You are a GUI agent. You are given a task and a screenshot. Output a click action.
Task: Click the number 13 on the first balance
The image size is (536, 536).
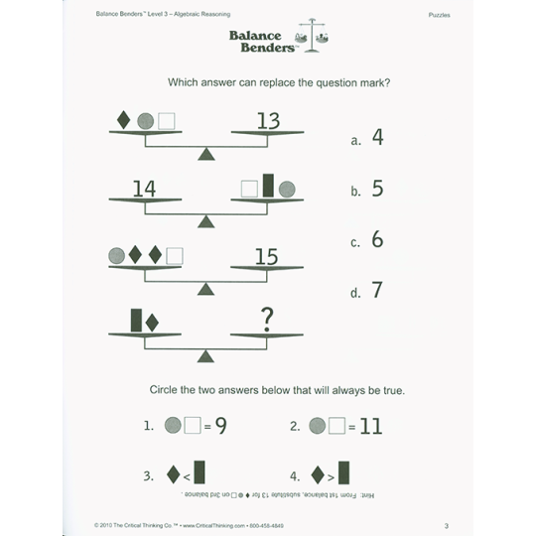point(268,121)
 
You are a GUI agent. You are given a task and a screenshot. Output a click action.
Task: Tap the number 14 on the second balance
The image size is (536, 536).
point(144,189)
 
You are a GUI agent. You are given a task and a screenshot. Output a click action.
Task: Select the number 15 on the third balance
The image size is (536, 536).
point(266,257)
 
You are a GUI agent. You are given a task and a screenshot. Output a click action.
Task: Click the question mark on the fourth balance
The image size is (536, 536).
point(266,319)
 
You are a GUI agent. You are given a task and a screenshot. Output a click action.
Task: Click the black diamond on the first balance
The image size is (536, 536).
point(124,120)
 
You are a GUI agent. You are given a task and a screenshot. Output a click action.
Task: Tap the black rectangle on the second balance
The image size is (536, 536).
point(267,186)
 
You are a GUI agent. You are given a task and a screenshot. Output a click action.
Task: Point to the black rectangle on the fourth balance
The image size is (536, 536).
point(136,320)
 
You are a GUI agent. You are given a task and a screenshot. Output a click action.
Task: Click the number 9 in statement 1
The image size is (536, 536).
point(220,426)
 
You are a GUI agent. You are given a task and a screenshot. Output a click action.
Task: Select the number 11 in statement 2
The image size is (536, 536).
point(370,426)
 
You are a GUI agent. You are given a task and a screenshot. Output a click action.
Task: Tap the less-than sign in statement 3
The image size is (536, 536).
point(186,476)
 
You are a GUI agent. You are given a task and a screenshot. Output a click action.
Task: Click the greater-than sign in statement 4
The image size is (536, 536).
point(330,476)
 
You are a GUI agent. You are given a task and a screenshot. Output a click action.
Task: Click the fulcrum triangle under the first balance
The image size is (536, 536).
point(205,154)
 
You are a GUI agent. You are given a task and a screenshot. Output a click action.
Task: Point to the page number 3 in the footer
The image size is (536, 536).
point(447,525)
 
